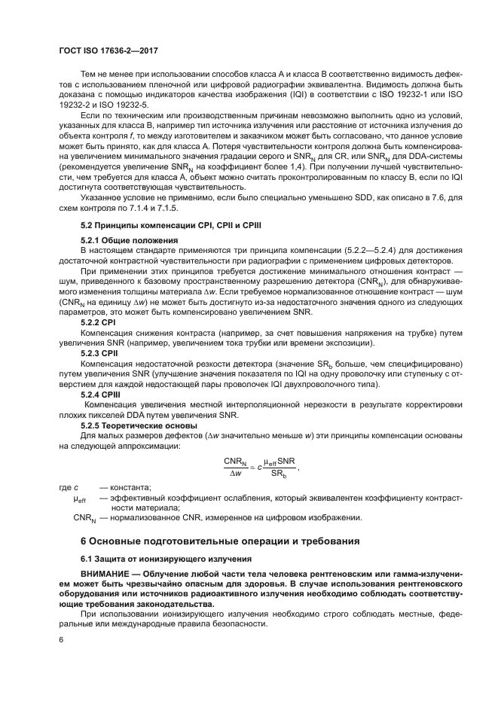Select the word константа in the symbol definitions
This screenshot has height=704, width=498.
point(131,488)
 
